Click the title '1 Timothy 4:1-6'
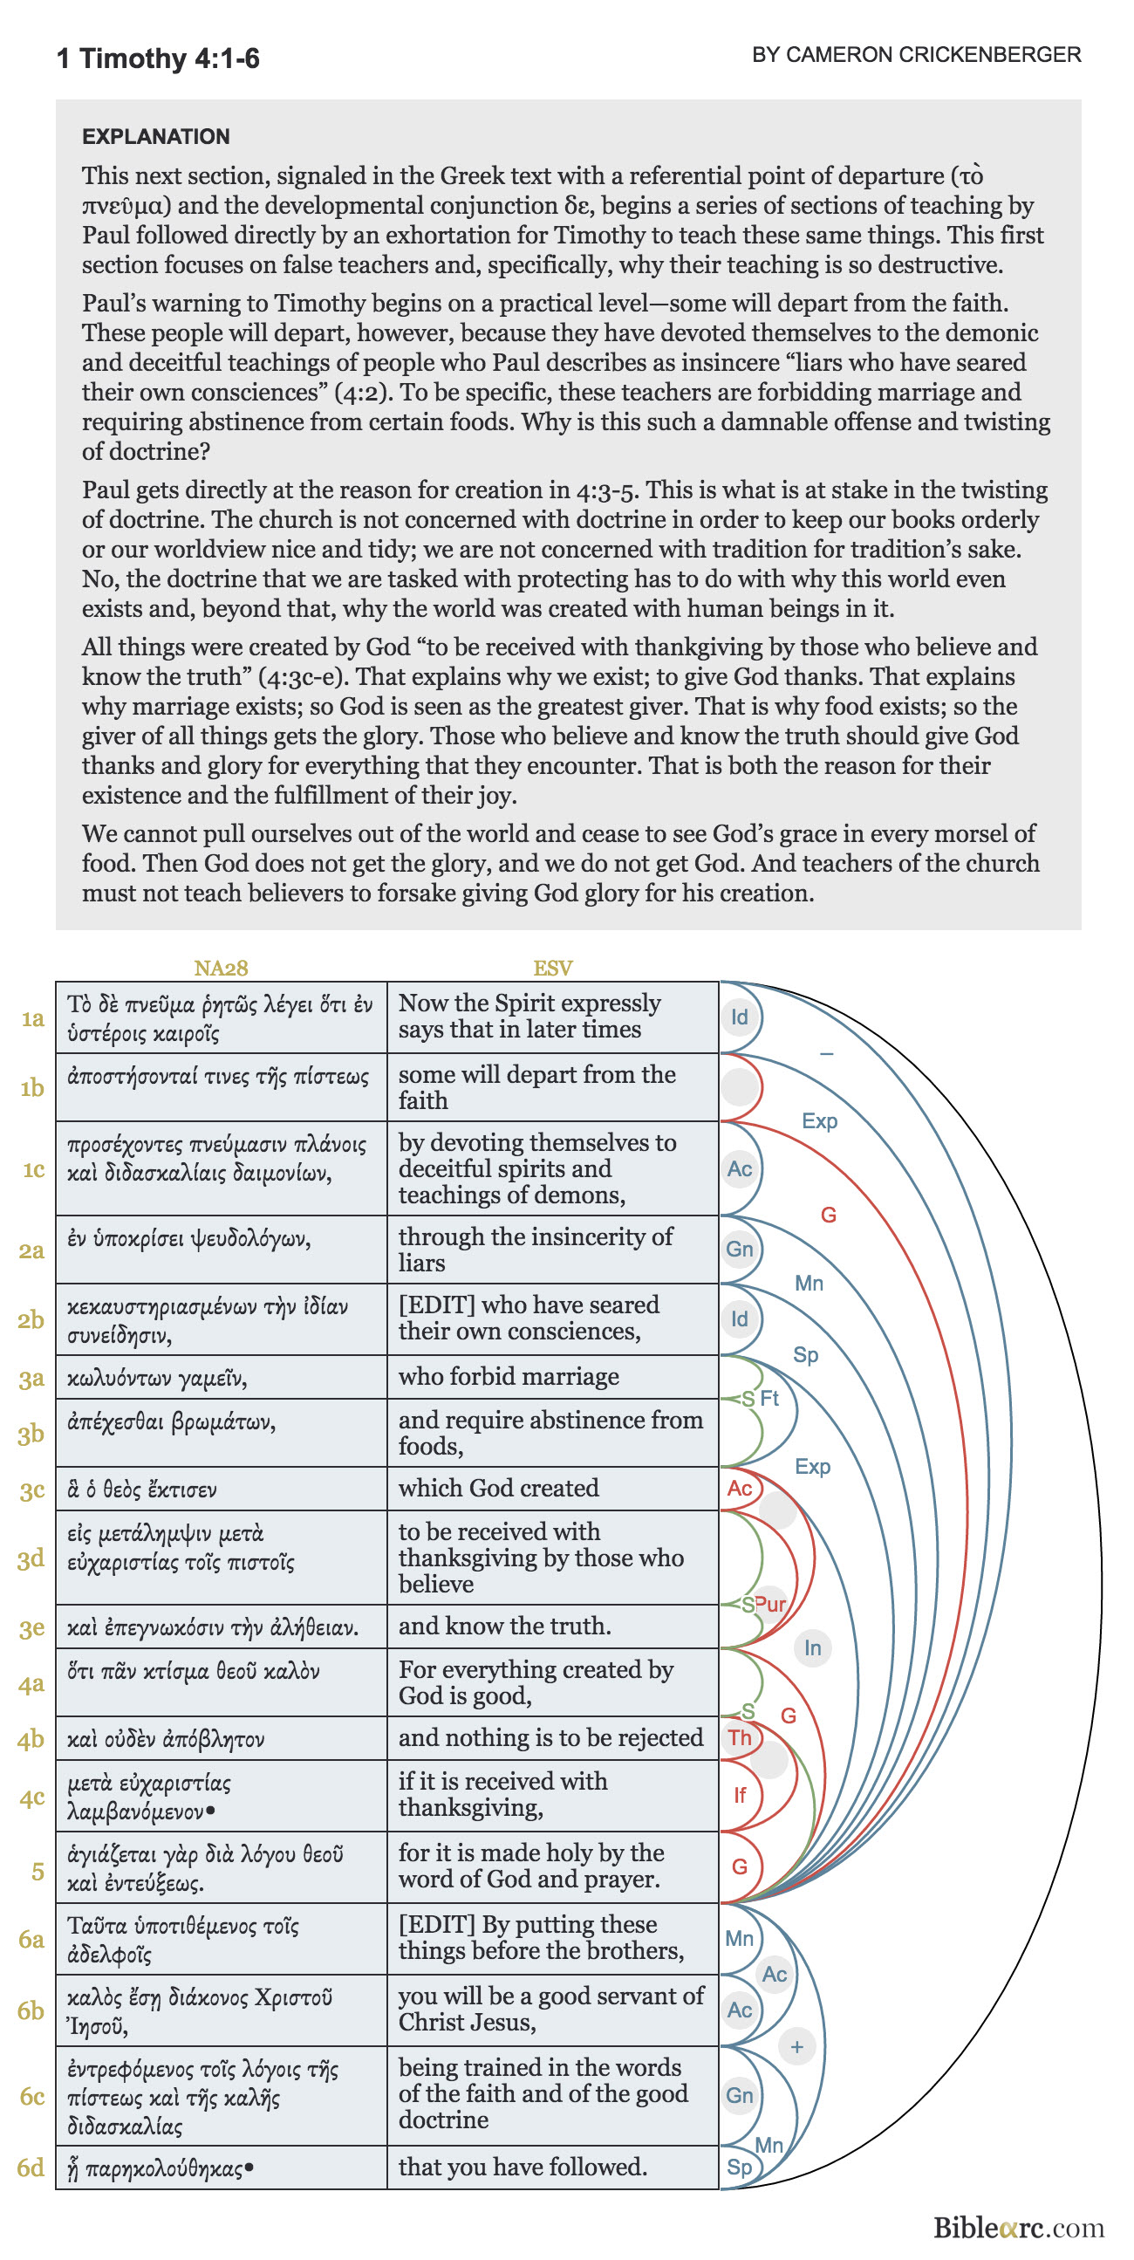coord(158,58)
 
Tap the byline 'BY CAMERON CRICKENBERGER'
coord(916,54)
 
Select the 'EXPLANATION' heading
coord(156,136)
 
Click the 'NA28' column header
coord(220,968)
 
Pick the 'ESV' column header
coord(552,968)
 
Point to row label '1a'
coord(32,1017)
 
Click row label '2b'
coord(31,1319)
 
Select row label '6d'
coord(31,2167)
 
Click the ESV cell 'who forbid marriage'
coord(509,1377)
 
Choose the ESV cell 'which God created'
coord(498,1488)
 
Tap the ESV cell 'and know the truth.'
coord(504,1626)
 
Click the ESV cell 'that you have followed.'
coord(523,2167)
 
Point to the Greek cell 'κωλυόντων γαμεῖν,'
coord(157,1379)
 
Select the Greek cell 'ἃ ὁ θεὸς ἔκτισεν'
coord(142,1490)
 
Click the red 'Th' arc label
coord(740,1737)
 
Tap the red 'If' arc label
coord(740,1795)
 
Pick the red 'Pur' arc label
coord(770,1604)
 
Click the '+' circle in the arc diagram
coord(796,2047)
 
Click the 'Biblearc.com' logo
coord(1017,2228)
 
